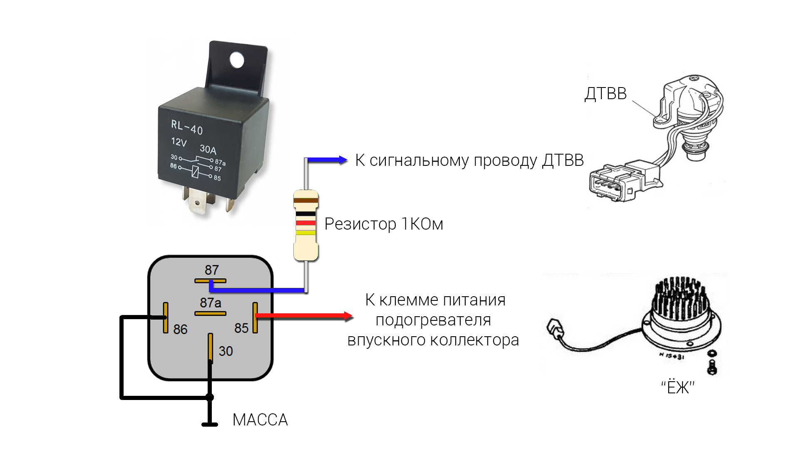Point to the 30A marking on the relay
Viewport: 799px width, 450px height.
208,149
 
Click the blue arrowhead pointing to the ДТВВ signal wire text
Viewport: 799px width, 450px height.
342,160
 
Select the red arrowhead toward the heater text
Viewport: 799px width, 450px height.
348,316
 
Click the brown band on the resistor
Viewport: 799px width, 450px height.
306,200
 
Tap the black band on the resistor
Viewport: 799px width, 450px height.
306,214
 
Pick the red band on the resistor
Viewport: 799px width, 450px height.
306,223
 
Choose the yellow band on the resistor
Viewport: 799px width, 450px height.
306,232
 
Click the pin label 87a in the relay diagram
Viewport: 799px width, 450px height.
211,302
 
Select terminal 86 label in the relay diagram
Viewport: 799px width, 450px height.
180,329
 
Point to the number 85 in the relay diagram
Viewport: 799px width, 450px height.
241,328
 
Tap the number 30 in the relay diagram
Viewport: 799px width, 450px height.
226,351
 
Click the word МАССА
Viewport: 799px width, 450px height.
260,420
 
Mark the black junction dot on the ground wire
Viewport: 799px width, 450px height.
210,397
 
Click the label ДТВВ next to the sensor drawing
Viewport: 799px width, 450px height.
605,94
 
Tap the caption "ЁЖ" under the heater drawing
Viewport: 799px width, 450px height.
677,387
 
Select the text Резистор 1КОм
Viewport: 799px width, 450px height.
384,224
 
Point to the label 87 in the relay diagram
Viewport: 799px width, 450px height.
211,270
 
